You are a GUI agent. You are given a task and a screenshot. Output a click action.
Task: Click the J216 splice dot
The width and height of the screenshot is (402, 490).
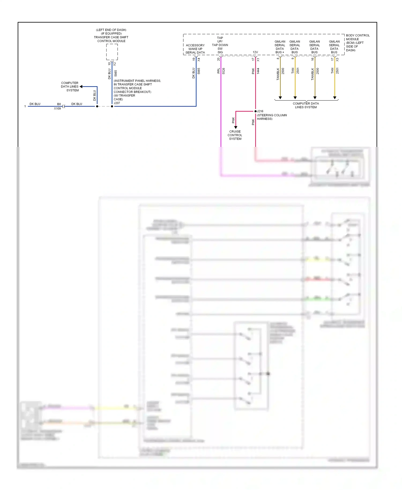pyautogui.click(x=255, y=111)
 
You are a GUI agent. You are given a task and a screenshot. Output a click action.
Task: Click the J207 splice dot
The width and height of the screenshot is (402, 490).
pyautogui.click(x=112, y=106)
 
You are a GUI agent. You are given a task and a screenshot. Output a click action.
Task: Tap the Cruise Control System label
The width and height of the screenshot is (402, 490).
pyautogui.click(x=235, y=135)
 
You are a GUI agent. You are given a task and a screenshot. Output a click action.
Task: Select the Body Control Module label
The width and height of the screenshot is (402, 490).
pyautogui.click(x=357, y=43)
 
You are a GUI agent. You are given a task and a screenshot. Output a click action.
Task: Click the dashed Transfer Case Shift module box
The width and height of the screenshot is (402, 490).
pyautogui.click(x=112, y=52)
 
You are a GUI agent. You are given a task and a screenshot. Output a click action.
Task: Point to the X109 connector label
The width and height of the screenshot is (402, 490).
pyautogui.click(x=57, y=109)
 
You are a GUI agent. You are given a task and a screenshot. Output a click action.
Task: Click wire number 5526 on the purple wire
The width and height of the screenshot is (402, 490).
pyautogui.click(x=224, y=71)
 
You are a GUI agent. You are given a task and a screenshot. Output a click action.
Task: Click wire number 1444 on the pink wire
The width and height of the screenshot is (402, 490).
pyautogui.click(x=258, y=71)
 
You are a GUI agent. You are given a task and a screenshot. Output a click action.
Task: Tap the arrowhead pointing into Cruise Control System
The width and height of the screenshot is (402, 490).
pyautogui.click(x=236, y=127)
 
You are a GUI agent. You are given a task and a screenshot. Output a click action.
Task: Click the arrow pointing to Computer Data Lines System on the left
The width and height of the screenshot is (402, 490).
pyautogui.click(x=81, y=87)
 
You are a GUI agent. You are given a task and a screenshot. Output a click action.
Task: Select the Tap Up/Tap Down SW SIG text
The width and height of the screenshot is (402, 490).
pyautogui.click(x=220, y=45)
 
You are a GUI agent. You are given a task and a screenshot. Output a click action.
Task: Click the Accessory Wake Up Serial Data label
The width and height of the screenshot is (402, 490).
pyautogui.click(x=195, y=49)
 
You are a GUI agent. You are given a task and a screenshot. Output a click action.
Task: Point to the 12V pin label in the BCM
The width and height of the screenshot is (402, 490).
pyautogui.click(x=255, y=52)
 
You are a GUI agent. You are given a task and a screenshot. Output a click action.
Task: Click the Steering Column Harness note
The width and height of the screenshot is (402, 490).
pyautogui.click(x=272, y=117)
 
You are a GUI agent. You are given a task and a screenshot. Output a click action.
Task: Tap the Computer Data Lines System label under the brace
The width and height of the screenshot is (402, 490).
pyautogui.click(x=306, y=105)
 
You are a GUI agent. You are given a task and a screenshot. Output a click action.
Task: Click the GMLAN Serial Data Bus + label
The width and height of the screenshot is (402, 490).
pyautogui.click(x=280, y=47)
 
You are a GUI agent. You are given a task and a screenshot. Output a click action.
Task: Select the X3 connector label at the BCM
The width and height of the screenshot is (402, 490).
pyautogui.click(x=337, y=60)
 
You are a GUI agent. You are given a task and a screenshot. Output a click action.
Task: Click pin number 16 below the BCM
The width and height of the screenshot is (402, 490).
pyautogui.click(x=312, y=59)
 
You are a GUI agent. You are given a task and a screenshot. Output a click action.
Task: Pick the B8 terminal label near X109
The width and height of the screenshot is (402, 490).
pyautogui.click(x=59, y=104)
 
